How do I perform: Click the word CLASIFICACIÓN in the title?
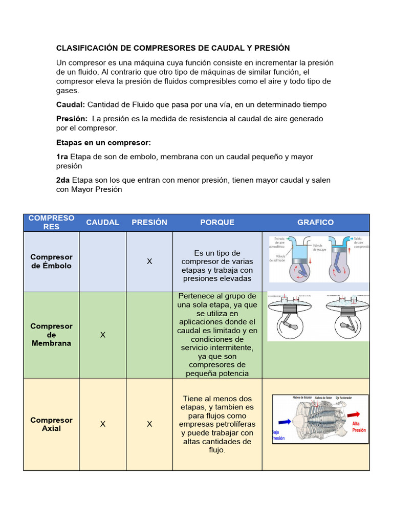(87, 48)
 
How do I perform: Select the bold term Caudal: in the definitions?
(71, 104)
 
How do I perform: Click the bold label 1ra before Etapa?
(62, 157)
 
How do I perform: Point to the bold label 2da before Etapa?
(63, 180)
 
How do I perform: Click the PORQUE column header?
(217, 222)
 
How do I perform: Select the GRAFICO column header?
(315, 222)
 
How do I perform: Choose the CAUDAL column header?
(102, 222)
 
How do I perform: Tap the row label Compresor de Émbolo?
(51, 261)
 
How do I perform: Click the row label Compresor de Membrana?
(51, 335)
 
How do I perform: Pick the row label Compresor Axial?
(51, 424)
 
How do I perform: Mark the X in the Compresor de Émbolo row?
(149, 261)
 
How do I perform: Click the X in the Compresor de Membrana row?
(102, 335)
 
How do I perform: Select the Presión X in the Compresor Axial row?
(149, 424)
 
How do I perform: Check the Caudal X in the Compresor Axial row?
(102, 424)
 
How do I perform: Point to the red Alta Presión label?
(359, 427)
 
